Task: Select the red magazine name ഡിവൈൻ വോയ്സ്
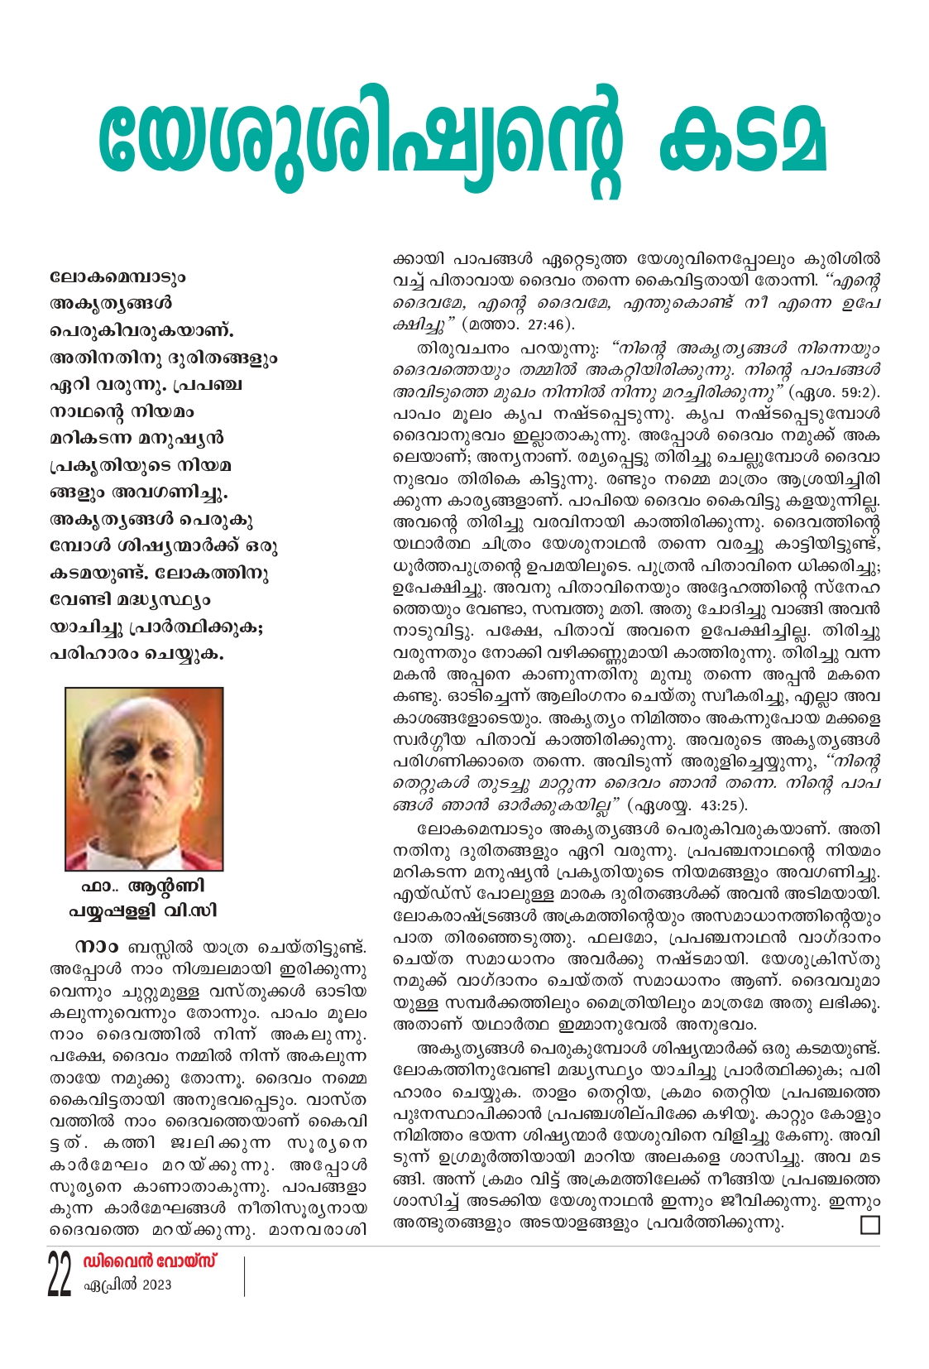150,1262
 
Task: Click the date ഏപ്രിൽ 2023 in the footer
128,1285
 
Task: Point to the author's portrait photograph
144,778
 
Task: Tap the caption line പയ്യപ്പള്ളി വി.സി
143,911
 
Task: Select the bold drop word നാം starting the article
96,947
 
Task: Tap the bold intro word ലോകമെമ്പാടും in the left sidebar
117,277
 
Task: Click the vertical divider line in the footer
245,1275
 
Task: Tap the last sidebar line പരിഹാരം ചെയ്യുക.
136,654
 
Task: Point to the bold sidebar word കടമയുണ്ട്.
98,574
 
